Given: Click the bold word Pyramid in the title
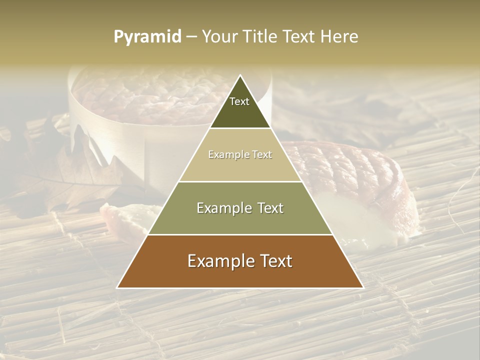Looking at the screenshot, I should click(x=147, y=36).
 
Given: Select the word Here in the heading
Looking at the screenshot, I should click(x=339, y=36).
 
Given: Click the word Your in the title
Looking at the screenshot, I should click(x=219, y=36).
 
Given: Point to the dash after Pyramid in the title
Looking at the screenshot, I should click(x=191, y=37).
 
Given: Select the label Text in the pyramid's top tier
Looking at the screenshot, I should click(x=239, y=101).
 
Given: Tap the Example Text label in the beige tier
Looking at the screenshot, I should click(x=240, y=155).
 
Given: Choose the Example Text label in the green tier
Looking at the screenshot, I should click(x=240, y=208).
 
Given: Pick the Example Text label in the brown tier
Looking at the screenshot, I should click(x=240, y=261).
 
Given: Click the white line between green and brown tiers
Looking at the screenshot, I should click(x=240, y=234).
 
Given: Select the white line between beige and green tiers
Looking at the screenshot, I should click(x=240, y=181).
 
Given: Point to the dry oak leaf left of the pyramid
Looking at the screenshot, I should click(x=65, y=170).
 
